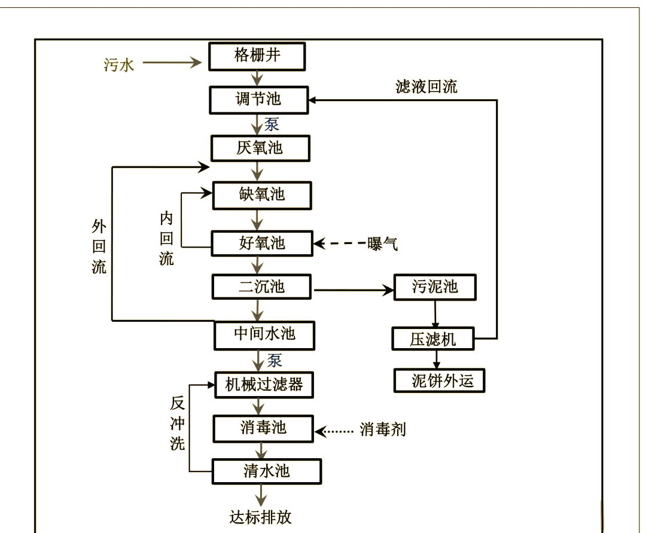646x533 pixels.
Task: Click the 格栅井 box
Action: (x=258, y=56)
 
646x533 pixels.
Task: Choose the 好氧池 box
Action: (x=263, y=243)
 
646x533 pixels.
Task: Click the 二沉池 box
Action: (x=263, y=287)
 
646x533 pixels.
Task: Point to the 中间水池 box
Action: (x=264, y=334)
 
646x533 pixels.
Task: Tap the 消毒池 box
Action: (x=263, y=428)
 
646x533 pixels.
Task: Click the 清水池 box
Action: (x=266, y=471)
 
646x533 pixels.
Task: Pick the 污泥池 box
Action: (x=435, y=287)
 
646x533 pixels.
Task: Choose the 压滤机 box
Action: (x=433, y=339)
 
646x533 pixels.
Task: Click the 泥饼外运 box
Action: (x=438, y=380)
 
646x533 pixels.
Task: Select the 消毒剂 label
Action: (x=383, y=430)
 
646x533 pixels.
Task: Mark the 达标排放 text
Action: (x=261, y=516)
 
